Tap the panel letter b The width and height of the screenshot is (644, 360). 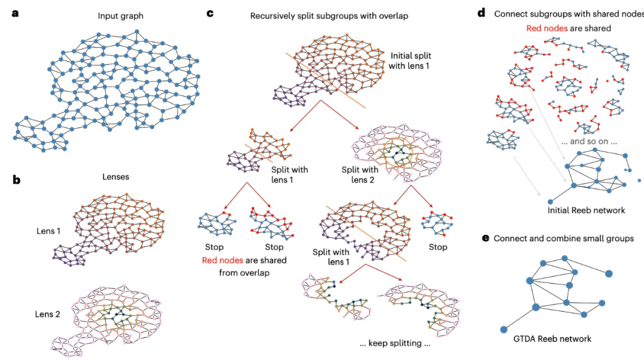pos(16,178)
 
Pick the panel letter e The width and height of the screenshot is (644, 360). pos(485,238)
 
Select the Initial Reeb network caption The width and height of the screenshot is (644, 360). pos(586,210)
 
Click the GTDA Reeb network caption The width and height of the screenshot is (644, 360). pos(552,339)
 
